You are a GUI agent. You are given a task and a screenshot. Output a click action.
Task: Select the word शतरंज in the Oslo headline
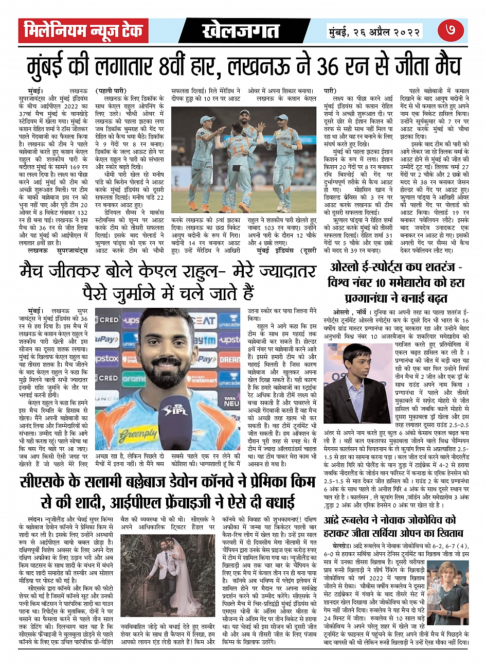[433, 268]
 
